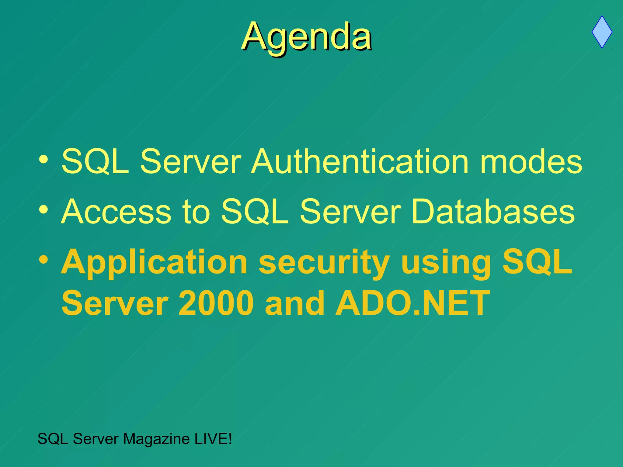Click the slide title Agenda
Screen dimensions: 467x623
(307, 37)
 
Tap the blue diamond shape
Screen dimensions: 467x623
(602, 32)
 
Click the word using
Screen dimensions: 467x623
(446, 262)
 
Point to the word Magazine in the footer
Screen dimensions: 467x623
(156, 439)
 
